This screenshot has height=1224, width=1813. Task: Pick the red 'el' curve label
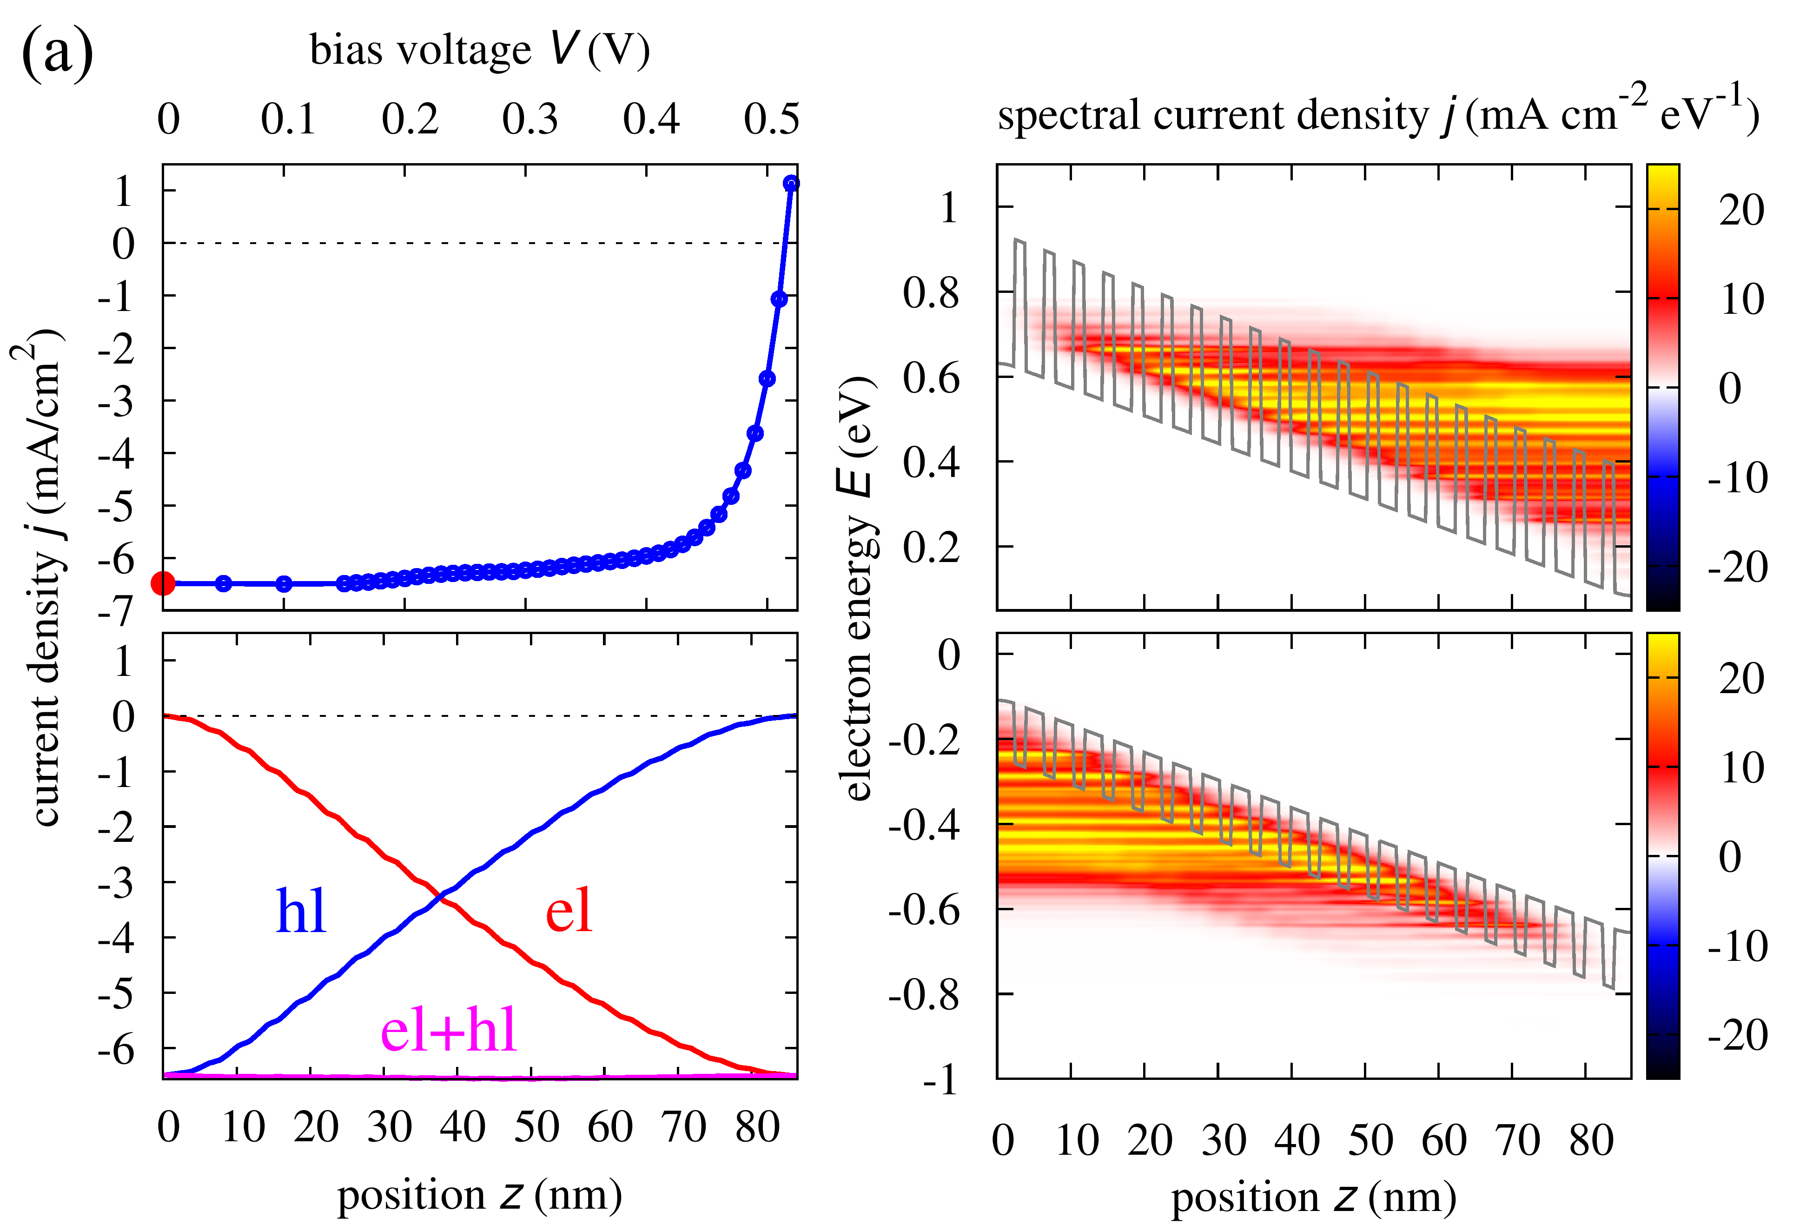pyautogui.click(x=569, y=910)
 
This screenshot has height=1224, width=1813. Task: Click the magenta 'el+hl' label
pyautogui.click(x=449, y=1030)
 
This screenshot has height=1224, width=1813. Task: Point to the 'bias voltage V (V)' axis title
pyautogui.click(x=480, y=50)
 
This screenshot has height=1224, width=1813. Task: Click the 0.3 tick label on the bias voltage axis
pyautogui.click(x=529, y=119)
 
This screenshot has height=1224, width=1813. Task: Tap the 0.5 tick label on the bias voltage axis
pyautogui.click(x=771, y=119)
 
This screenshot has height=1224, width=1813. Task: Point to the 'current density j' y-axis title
pyautogui.click(x=43, y=577)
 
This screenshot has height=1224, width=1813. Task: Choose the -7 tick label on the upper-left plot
pyautogui.click(x=115, y=612)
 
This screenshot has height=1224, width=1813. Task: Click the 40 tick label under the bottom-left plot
pyautogui.click(x=462, y=1127)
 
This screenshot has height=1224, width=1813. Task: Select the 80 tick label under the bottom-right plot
pyautogui.click(x=1591, y=1140)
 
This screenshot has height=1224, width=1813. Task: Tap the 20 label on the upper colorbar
pyautogui.click(x=1741, y=211)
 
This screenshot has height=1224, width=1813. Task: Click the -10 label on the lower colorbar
pyautogui.click(x=1737, y=946)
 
